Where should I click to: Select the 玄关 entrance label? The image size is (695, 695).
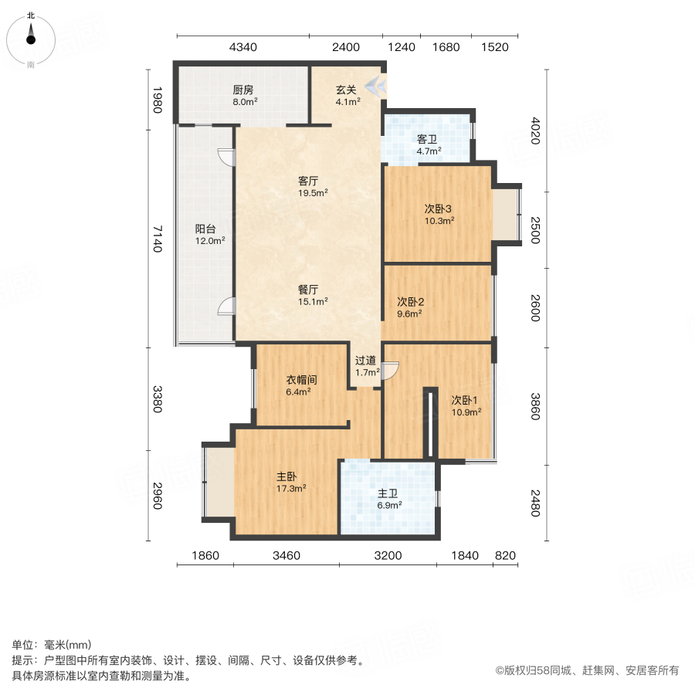coord(346,89)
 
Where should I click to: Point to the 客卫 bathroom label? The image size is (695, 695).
coord(428,140)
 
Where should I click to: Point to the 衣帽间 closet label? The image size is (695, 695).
coord(302,380)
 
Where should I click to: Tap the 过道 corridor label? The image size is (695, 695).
coord(366,361)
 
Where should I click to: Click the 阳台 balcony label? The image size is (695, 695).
coord(205,229)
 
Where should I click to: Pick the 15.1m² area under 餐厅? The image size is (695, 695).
coord(314,302)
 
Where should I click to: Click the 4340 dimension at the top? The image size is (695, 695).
coord(242,47)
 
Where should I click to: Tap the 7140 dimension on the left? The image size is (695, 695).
coord(157,239)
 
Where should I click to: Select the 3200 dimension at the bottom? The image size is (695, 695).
coord(388,555)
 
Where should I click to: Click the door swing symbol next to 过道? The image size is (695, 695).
coord(391,371)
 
